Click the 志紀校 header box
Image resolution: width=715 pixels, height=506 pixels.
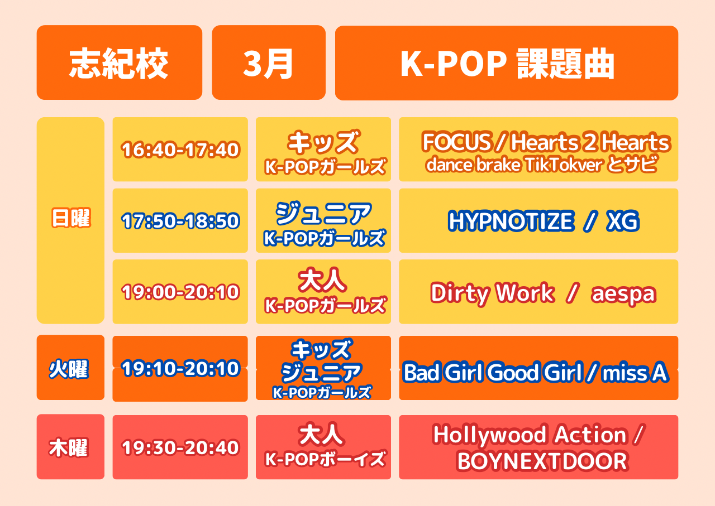[x=120, y=62]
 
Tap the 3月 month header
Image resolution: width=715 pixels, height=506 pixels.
[x=269, y=62]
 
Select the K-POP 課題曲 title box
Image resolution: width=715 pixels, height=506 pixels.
[x=507, y=63]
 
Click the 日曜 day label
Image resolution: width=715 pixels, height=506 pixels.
[x=71, y=218]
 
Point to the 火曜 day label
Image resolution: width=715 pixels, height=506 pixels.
[x=68, y=369]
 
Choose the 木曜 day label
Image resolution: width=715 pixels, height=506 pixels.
[x=68, y=447]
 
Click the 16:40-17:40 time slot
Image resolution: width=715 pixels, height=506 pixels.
[x=180, y=150]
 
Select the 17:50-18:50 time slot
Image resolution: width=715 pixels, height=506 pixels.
[x=180, y=220]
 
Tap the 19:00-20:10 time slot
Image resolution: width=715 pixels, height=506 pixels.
[x=180, y=292]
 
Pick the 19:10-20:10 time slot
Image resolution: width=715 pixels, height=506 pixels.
[x=180, y=368]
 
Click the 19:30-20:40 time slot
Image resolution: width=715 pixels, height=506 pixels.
[x=180, y=447]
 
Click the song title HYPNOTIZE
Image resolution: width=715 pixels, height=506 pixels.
[x=511, y=220]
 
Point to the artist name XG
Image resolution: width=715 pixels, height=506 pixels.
[x=623, y=220]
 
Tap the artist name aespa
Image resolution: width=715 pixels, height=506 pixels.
[x=624, y=294]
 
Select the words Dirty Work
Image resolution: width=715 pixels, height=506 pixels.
[x=493, y=293]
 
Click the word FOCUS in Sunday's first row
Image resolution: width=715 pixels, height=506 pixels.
[x=456, y=142]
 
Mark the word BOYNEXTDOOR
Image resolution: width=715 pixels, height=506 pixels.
[x=542, y=461]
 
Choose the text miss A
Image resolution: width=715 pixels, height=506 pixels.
[x=635, y=372]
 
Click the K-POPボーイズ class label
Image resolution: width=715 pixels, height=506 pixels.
[x=325, y=459]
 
